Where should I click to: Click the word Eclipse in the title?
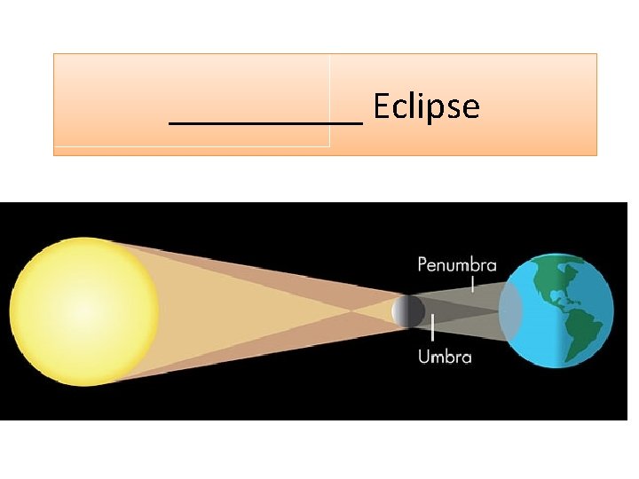click(x=426, y=106)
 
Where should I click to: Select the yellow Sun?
click(x=84, y=310)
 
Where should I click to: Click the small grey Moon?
click(x=408, y=310)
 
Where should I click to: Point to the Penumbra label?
click(x=457, y=263)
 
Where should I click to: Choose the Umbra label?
click(x=444, y=357)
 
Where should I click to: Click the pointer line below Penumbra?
click(x=473, y=283)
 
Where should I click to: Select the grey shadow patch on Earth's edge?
click(x=510, y=311)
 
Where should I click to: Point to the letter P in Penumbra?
click(x=422, y=264)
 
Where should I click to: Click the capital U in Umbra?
click(x=422, y=357)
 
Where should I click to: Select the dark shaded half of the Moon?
click(x=416, y=310)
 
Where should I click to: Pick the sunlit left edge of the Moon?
click(x=396, y=310)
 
